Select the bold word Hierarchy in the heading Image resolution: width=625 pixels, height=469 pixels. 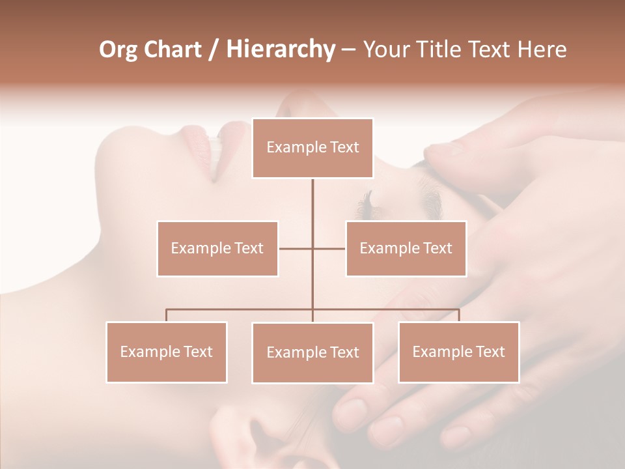(x=280, y=50)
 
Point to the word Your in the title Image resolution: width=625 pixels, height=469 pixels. (x=385, y=50)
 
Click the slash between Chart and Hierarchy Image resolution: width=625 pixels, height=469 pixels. (x=214, y=50)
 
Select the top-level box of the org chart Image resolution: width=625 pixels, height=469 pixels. (x=312, y=148)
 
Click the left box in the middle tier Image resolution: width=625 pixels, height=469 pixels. (x=217, y=248)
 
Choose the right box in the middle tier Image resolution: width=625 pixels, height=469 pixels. (x=406, y=248)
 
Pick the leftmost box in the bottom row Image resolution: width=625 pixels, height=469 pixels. (x=167, y=352)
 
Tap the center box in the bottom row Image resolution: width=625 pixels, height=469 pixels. (x=312, y=352)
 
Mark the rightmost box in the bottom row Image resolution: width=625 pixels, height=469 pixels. (x=458, y=352)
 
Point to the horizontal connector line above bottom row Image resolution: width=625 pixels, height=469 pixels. (x=241, y=309)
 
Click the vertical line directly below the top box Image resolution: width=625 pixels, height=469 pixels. (x=312, y=199)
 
